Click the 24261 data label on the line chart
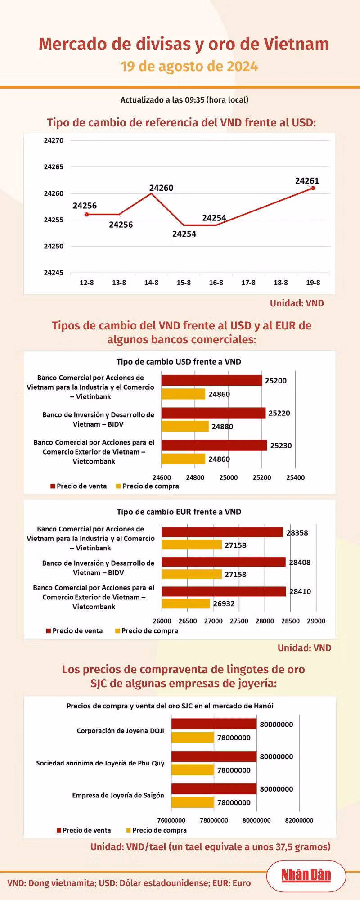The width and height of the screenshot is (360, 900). (307, 181)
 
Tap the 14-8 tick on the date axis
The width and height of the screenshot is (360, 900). (151, 283)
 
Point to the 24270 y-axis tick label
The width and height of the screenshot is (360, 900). (54, 140)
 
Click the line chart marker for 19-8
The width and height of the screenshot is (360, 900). (313, 188)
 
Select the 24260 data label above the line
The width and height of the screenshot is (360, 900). (161, 188)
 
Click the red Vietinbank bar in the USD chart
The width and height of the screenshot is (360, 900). (212, 380)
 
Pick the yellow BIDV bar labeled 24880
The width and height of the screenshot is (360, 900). (185, 426)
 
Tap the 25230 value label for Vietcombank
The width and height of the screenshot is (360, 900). (281, 445)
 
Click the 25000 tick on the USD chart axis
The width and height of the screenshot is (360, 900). (229, 477)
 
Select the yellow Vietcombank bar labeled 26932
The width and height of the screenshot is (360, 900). (186, 603)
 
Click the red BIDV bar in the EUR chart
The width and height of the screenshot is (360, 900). (224, 562)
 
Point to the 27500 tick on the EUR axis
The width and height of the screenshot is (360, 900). (239, 621)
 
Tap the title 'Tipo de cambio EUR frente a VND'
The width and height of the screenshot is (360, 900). (179, 512)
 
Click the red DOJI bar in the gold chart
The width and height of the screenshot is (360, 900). (214, 724)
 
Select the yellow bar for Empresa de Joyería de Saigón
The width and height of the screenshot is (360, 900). (193, 802)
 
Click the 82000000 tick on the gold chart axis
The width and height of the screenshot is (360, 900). (299, 820)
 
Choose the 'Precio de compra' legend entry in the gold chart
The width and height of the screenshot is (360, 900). (157, 830)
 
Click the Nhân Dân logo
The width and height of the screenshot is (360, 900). (306, 875)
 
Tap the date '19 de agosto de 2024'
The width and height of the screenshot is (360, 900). (189, 67)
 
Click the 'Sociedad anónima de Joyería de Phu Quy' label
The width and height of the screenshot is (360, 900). (100, 763)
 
